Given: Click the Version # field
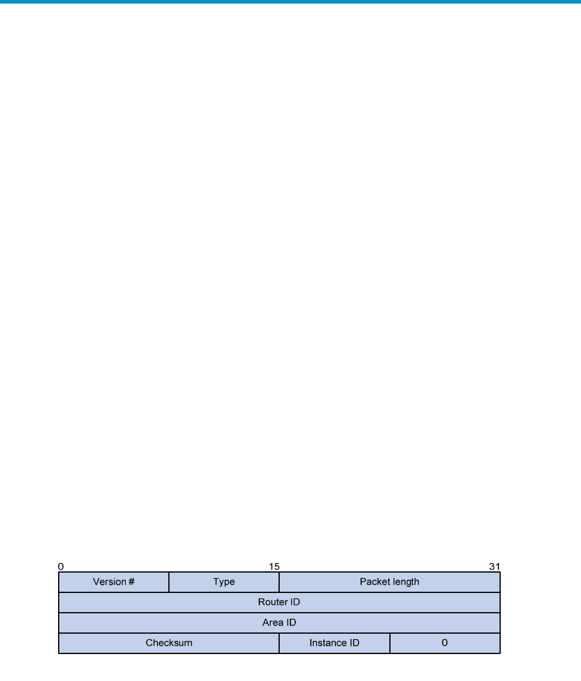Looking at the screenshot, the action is point(114,582).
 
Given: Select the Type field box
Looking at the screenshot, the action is point(224,582).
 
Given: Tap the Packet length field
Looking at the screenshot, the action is point(389,582).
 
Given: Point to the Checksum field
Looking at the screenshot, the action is point(169,643).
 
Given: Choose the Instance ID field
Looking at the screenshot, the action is point(334,643).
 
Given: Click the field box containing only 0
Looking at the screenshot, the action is point(445,643).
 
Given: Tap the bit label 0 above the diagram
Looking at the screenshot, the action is point(60,567).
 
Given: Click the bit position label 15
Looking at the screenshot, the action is point(274,567).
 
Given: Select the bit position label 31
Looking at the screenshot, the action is point(495,567).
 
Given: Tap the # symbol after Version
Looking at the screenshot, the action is point(131,582).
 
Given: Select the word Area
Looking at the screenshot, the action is point(273,622).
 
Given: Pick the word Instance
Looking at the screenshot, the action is point(328,643).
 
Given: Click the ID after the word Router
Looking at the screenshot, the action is point(295,602).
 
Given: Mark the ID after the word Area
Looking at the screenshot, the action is point(291,622).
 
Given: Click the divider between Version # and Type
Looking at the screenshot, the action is point(169,582).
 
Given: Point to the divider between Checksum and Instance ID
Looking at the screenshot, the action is point(279,643).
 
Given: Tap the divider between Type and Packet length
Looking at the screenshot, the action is point(279,582).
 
